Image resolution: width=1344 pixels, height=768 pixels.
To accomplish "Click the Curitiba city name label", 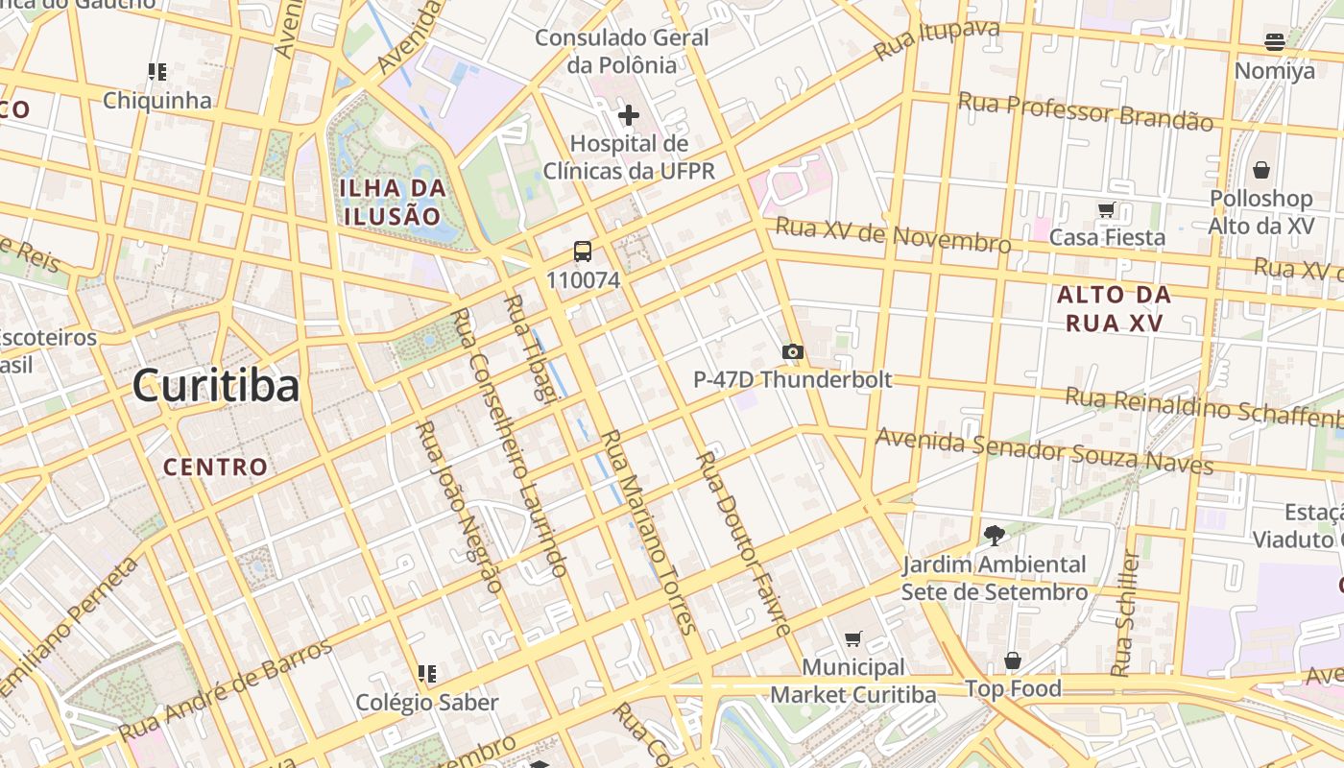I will pyautogui.click(x=216, y=386).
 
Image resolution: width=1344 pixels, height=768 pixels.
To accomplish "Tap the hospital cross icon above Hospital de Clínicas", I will pyautogui.click(x=628, y=115).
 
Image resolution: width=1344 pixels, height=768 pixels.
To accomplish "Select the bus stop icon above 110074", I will pyautogui.click(x=583, y=252).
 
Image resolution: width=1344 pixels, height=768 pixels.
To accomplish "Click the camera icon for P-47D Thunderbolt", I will pyautogui.click(x=792, y=352).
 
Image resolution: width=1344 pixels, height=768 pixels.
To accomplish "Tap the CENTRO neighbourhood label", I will pyautogui.click(x=215, y=468).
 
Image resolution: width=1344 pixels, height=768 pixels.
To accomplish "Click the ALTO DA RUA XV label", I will pyautogui.click(x=1114, y=308).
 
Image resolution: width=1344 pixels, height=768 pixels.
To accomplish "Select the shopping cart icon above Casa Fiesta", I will pyautogui.click(x=1106, y=209).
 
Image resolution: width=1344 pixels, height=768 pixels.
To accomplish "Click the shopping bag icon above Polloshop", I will pyautogui.click(x=1260, y=170).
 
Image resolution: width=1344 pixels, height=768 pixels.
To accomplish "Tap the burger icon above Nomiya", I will pyautogui.click(x=1275, y=42).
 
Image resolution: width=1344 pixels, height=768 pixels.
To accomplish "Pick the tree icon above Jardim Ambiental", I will pyautogui.click(x=994, y=536).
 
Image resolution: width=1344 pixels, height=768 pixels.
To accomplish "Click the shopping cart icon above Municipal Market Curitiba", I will pyautogui.click(x=852, y=638).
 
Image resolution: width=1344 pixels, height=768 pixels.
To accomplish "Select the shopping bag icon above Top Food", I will pyautogui.click(x=1013, y=660).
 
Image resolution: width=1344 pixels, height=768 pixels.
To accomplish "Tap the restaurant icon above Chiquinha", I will pyautogui.click(x=157, y=71).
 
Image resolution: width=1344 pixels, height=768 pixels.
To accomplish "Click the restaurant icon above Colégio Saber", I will pyautogui.click(x=427, y=674).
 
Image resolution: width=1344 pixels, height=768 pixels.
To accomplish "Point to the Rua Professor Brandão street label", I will pyautogui.click(x=1085, y=111).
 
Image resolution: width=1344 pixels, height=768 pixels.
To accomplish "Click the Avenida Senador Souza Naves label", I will pyautogui.click(x=1044, y=451).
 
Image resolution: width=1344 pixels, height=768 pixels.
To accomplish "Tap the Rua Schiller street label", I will pyautogui.click(x=1126, y=614).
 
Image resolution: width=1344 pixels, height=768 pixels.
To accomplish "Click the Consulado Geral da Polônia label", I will pyautogui.click(x=622, y=52).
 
